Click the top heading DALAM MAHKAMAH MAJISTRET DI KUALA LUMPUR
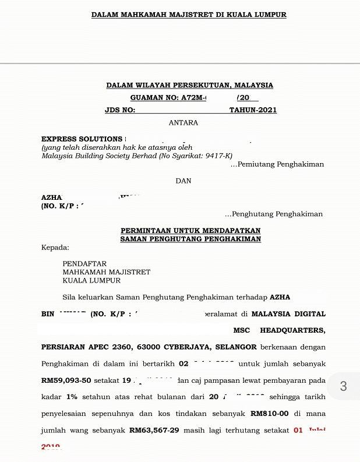pyautogui.click(x=189, y=15)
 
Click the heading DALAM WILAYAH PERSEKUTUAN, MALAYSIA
pyautogui.click(x=189, y=85)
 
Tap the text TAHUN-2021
pyautogui.click(x=253, y=110)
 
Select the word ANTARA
pyautogui.click(x=183, y=123)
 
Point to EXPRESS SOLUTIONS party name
pyautogui.click(x=82, y=139)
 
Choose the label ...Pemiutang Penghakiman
pyautogui.click(x=277, y=165)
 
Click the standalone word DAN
pyautogui.click(x=183, y=181)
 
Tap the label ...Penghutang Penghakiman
pyautogui.click(x=274, y=214)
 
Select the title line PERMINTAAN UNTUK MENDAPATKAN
pyautogui.click(x=190, y=231)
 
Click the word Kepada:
pyautogui.click(x=55, y=248)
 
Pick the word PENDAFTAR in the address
pyautogui.click(x=84, y=264)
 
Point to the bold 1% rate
pyautogui.click(x=72, y=397)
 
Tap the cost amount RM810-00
pyautogui.click(x=270, y=414)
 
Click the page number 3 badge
pyautogui.click(x=343, y=386)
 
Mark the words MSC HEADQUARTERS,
pyautogui.click(x=279, y=330)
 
